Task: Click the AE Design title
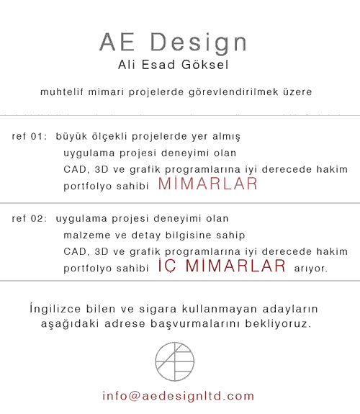click(174, 42)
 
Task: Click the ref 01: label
click(30, 137)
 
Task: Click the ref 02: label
click(30, 219)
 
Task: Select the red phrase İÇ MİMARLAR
click(222, 266)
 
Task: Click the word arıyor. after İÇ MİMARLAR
click(311, 269)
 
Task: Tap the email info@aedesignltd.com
click(179, 396)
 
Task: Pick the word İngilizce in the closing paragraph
click(55, 308)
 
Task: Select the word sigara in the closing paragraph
click(158, 309)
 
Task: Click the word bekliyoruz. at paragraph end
click(279, 323)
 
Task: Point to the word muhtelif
click(62, 92)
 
